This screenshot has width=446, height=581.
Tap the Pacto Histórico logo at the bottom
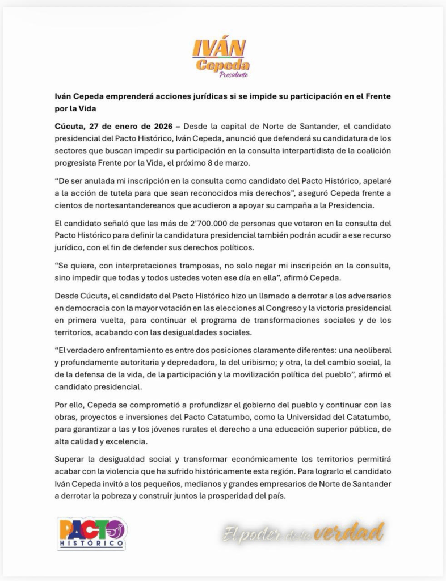(x=91, y=533)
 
